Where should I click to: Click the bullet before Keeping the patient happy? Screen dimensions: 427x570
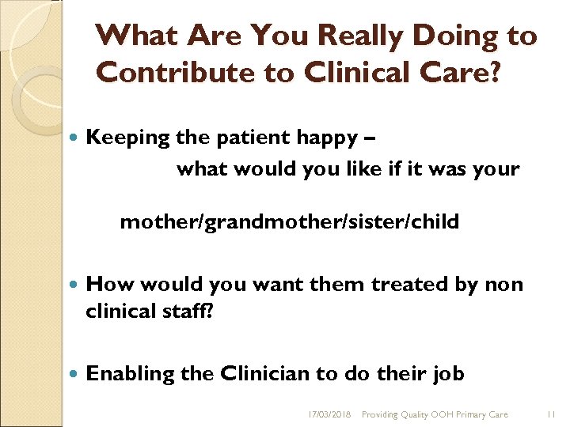74,138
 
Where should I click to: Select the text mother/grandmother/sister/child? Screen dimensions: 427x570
289,222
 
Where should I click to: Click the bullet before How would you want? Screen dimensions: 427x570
74,284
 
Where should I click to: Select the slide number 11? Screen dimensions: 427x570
553,414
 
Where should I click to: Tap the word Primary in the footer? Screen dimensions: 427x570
462,414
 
